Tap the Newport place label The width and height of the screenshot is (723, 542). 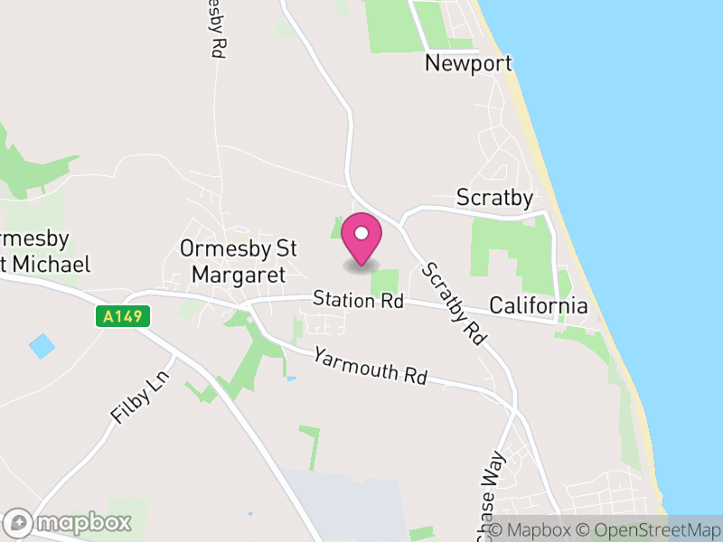468,63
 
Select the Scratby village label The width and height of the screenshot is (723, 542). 494,197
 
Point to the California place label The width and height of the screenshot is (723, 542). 538,305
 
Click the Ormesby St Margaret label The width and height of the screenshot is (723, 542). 239,260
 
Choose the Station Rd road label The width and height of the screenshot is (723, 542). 358,300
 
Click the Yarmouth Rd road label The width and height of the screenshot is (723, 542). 370,365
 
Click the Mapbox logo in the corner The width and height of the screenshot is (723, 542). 70,522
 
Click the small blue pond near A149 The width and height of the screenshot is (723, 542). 42,346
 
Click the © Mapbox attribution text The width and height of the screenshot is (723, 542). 533,530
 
